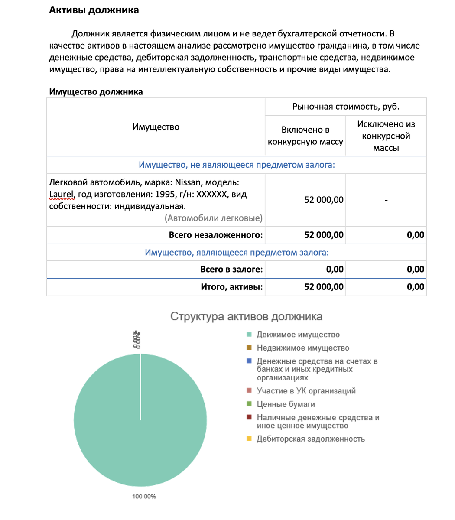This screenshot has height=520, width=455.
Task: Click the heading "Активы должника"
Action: pyautogui.click(x=94, y=10)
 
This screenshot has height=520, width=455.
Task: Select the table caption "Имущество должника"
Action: pyautogui.click(x=96, y=92)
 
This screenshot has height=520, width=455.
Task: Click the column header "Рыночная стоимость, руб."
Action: pyautogui.click(x=345, y=107)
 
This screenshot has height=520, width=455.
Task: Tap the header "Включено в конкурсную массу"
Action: pyautogui.click(x=305, y=136)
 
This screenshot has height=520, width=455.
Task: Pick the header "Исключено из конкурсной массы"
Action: pyautogui.click(x=386, y=136)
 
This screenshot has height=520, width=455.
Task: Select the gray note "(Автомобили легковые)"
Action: pyautogui.click(x=213, y=218)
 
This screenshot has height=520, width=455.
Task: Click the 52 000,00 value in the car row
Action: pyautogui.click(x=324, y=200)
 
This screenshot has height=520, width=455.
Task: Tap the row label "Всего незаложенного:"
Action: pyautogui.click(x=216, y=235)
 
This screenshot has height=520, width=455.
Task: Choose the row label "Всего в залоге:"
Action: pyautogui.click(x=231, y=270)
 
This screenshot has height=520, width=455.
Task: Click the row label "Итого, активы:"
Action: pyautogui.click(x=232, y=287)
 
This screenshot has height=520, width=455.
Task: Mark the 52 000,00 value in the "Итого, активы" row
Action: pyautogui.click(x=324, y=287)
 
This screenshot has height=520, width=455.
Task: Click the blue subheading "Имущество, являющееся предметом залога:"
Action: pyautogui.click(x=237, y=253)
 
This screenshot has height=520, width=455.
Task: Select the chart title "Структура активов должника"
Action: pyautogui.click(x=246, y=316)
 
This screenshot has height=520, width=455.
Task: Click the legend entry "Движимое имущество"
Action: pyautogui.click(x=298, y=335)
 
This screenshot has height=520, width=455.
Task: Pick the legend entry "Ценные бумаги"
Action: pyautogui.click(x=286, y=404)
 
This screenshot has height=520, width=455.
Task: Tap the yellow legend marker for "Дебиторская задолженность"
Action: pyautogui.click(x=249, y=439)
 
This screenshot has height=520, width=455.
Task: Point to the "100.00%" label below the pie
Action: pyautogui.click(x=144, y=496)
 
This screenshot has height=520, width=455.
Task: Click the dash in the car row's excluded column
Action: pyautogui.click(x=386, y=200)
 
